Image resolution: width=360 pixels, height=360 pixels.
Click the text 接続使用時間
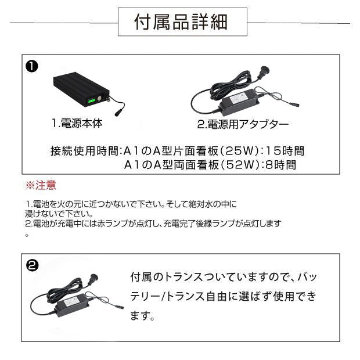pyautogui.click(x=85, y=151)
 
